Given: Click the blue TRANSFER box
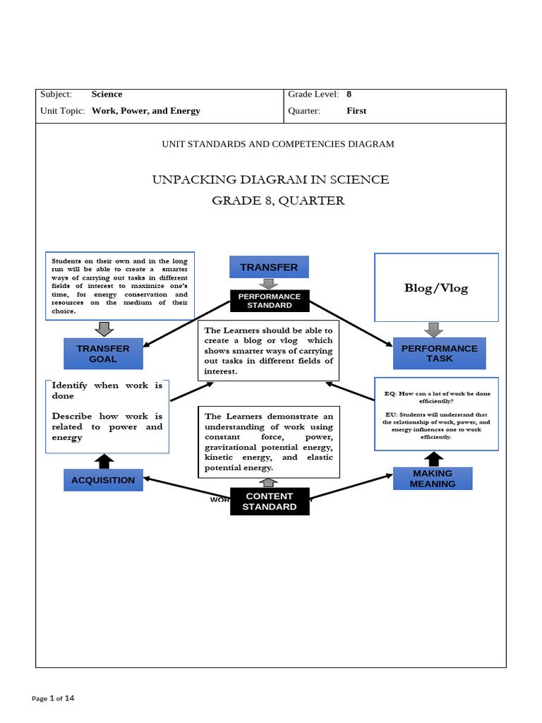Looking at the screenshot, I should [x=269, y=267].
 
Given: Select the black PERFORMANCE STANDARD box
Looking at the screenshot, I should [x=269, y=301].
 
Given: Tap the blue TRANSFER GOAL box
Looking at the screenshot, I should [x=103, y=354].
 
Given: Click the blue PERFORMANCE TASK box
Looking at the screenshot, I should [x=439, y=353].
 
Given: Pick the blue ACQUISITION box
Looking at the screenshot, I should [x=103, y=480].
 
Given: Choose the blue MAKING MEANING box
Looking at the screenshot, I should [x=433, y=479].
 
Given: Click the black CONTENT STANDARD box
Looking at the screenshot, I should [x=270, y=501].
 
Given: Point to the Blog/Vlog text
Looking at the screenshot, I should [x=435, y=287].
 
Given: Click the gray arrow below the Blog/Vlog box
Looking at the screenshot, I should [x=434, y=330].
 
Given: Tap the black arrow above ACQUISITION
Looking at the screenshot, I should [x=104, y=461].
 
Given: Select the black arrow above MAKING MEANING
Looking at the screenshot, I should [x=433, y=459].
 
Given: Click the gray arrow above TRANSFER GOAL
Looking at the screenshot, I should [x=104, y=329].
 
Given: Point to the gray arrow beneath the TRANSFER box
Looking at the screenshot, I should [x=269, y=284].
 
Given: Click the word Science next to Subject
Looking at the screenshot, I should [x=107, y=94].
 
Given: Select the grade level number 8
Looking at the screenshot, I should [x=349, y=94].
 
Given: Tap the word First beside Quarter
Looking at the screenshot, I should [x=356, y=111].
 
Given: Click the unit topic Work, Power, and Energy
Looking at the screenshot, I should [x=146, y=111].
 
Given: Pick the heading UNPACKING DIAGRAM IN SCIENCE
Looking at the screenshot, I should [x=270, y=179].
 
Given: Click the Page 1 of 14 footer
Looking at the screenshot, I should [x=53, y=698].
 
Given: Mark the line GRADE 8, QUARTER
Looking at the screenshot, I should [x=278, y=201].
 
